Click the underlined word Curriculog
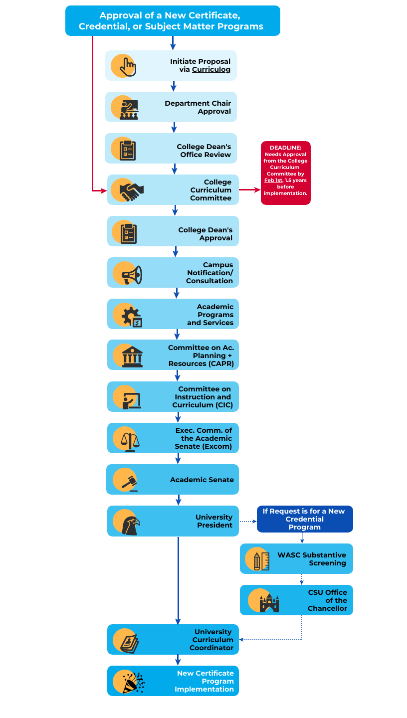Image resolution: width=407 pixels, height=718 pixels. [x=211, y=70]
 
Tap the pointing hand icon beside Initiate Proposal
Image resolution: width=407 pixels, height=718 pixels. [x=127, y=67]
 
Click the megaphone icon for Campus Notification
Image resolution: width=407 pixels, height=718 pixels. [x=132, y=275]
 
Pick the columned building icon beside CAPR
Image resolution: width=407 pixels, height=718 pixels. [x=132, y=357]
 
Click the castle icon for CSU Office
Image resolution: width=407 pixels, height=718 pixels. [x=269, y=603]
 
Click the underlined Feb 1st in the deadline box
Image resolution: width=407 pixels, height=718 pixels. [x=273, y=180]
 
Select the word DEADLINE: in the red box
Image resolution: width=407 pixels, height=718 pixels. [x=285, y=148]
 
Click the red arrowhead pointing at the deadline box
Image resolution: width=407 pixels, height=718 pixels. [x=257, y=190]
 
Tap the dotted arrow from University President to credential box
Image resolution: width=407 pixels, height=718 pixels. [x=248, y=522]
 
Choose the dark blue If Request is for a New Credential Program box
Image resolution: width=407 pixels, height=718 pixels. [x=305, y=519]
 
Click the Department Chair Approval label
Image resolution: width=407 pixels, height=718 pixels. [x=198, y=107]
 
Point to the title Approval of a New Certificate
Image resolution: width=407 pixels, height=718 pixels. [x=170, y=15]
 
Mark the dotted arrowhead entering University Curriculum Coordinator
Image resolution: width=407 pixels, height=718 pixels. [x=241, y=640]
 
